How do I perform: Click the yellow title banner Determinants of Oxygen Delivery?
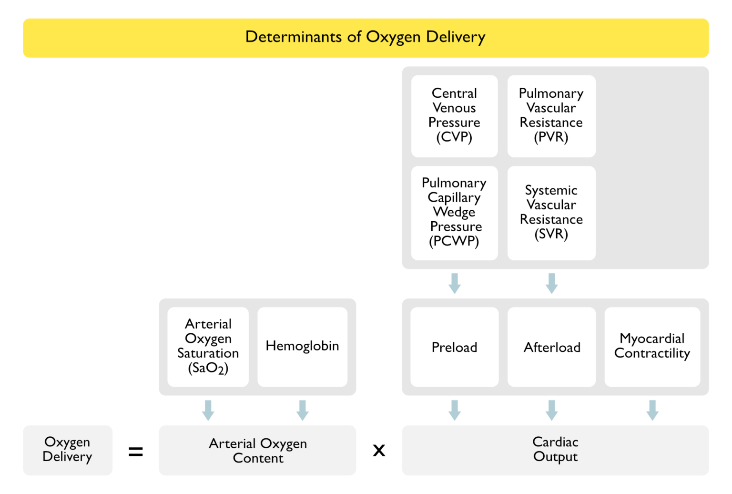[x=366, y=38]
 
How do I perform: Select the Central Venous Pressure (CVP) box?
[x=454, y=116]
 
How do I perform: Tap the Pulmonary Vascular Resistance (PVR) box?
[x=551, y=116]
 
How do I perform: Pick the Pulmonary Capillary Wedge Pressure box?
[x=454, y=213]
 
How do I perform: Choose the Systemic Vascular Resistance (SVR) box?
[x=551, y=213]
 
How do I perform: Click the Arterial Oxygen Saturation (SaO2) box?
[x=208, y=347]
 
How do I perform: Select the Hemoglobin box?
[x=302, y=347]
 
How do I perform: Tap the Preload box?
[x=454, y=347]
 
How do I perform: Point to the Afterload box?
[x=551, y=347]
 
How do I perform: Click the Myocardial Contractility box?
[x=652, y=347]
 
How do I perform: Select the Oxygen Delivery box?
[x=68, y=450]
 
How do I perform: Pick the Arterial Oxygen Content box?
[x=257, y=450]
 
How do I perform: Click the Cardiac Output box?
[x=555, y=450]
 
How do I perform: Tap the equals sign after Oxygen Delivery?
[x=136, y=451]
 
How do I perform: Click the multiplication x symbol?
[x=379, y=450]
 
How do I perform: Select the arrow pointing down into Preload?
[x=455, y=283]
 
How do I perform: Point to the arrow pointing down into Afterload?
[x=552, y=283]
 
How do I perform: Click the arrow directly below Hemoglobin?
[x=303, y=410]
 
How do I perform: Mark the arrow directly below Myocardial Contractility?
[x=652, y=410]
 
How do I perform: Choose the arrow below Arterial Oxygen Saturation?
[x=208, y=410]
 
